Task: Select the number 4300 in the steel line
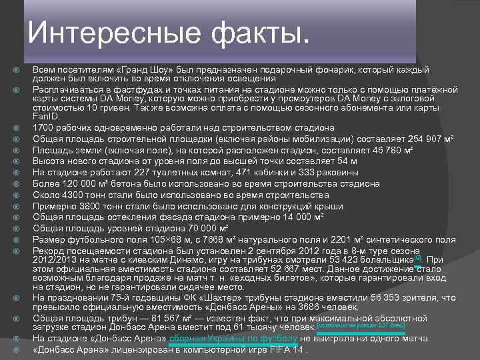point(69,195)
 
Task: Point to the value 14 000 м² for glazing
point(299,217)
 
